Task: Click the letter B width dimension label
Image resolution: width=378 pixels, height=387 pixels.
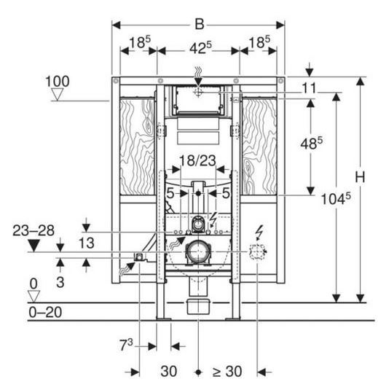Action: pos(200,25)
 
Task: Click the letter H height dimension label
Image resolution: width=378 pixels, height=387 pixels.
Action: pos(361,177)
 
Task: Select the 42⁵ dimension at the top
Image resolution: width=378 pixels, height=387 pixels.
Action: pos(200,48)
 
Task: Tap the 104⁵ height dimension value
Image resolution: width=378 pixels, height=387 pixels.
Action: pos(336,198)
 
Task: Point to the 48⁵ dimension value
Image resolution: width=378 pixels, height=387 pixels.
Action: pos(312,143)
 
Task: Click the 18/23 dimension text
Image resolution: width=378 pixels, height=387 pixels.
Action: pos(198,160)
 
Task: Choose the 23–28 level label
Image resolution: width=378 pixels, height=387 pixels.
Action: pos(34,231)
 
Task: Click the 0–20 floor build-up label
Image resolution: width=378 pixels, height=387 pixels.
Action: pos(45,312)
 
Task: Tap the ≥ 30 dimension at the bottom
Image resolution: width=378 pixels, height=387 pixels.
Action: pos(227,371)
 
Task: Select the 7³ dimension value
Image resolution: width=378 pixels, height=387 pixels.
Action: pos(126,345)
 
